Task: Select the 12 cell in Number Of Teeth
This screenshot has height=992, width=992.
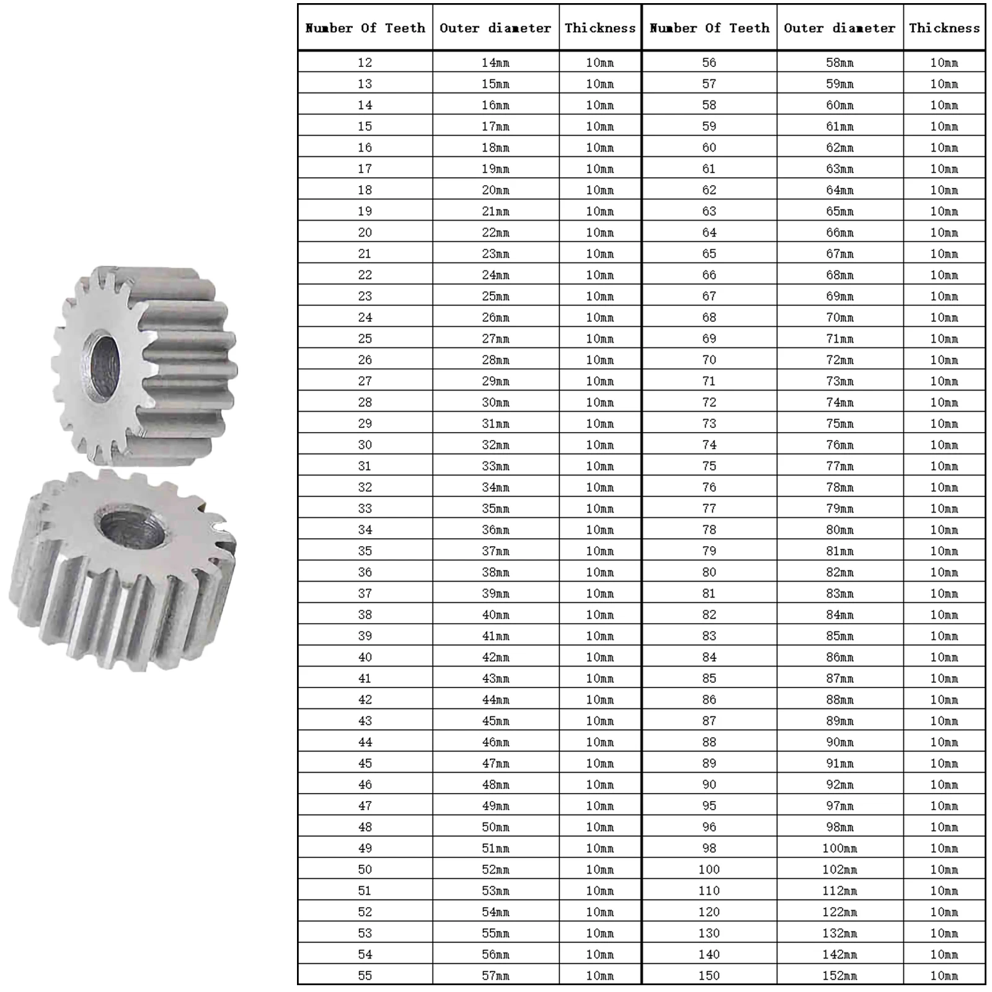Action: coord(365,62)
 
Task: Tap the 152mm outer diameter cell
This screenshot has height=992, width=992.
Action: coord(840,975)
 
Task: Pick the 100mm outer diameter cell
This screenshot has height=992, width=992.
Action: coord(840,848)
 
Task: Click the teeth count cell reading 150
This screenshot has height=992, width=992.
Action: coord(709,975)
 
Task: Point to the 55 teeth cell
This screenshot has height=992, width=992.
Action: coord(365,975)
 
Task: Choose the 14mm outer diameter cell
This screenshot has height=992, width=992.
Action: coord(496,62)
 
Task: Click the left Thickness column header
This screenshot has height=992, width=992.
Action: coord(600,28)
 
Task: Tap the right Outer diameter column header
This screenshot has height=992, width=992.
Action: coord(840,28)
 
